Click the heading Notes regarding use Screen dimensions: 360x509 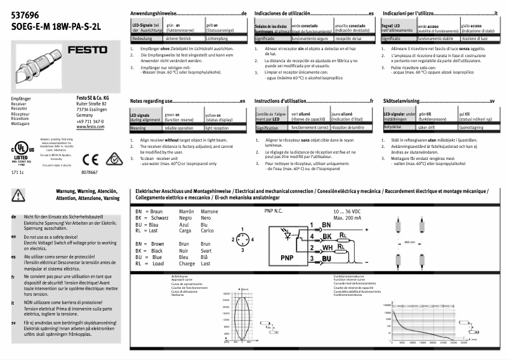152,101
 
